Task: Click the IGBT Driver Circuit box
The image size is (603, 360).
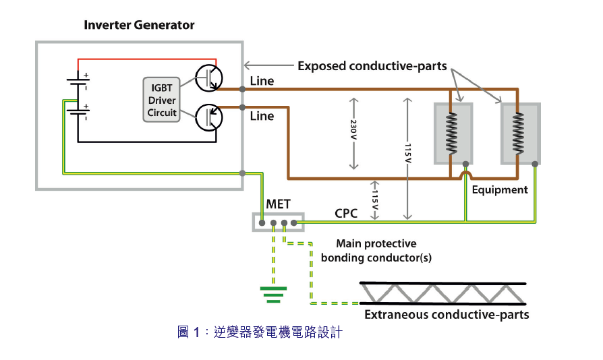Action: click(161, 100)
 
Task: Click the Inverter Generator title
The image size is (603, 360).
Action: click(139, 25)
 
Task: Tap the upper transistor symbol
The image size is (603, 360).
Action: click(208, 77)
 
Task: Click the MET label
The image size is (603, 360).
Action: click(279, 204)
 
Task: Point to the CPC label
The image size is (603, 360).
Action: click(346, 214)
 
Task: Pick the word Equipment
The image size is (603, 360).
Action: click(500, 189)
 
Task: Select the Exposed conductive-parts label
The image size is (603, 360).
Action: click(372, 66)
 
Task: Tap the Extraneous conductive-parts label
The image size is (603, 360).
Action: click(447, 315)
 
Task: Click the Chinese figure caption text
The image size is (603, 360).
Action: click(260, 332)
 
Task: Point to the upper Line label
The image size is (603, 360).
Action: click(262, 81)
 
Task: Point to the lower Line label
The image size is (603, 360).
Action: click(262, 116)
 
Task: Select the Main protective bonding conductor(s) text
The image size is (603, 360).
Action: click(376, 250)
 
